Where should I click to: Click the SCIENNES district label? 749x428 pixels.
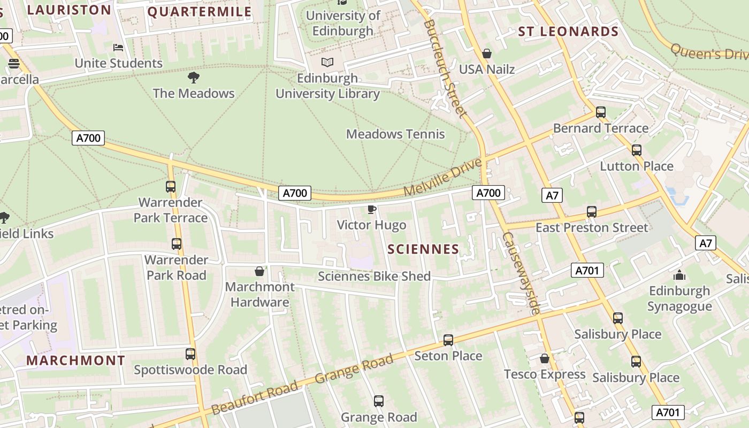[x=423, y=249]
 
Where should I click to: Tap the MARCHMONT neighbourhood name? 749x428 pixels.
[x=75, y=360]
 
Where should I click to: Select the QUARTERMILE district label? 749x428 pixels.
[x=200, y=12]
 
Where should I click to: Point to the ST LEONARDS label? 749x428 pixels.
[x=568, y=32]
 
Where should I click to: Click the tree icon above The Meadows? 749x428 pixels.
[x=194, y=78]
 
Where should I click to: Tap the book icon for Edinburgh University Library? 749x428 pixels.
[x=327, y=63]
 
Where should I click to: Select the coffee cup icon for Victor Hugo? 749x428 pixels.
[x=371, y=209]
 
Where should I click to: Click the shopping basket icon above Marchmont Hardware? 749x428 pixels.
[x=259, y=271]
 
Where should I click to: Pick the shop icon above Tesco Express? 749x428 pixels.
[x=545, y=358]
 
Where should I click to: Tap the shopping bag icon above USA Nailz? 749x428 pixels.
[x=487, y=53]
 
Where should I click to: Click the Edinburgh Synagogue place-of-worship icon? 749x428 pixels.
[x=679, y=276]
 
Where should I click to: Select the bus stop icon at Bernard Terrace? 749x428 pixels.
[x=601, y=112]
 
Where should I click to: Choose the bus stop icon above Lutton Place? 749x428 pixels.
[x=637, y=150]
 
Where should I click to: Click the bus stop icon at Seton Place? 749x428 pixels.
[x=448, y=340]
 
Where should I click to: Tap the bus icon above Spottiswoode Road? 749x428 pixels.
[x=190, y=354]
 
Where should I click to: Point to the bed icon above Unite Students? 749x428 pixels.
[x=118, y=48]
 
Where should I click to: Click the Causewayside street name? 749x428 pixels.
[x=521, y=273]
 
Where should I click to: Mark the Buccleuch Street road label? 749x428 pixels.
[x=445, y=70]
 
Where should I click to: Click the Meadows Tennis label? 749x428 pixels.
[x=395, y=134]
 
